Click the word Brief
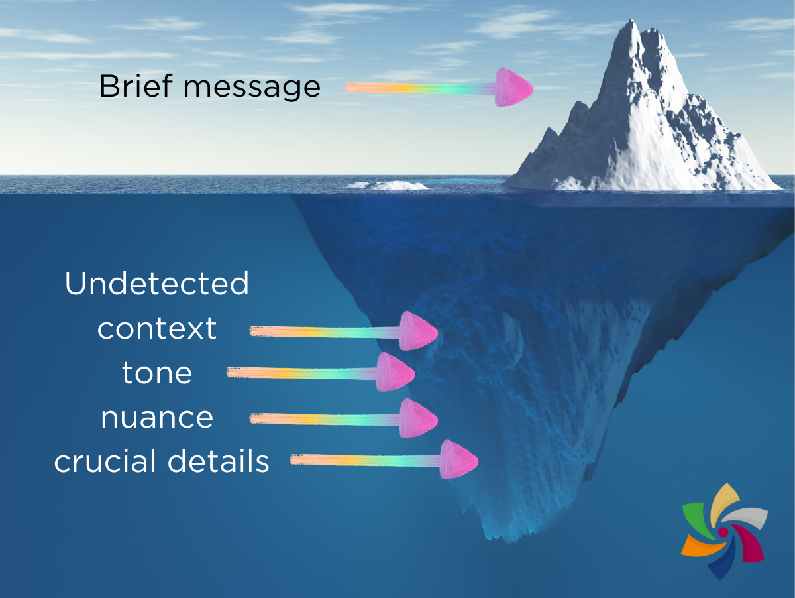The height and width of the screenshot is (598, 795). coord(130,87)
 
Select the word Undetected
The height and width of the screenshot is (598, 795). coord(156,284)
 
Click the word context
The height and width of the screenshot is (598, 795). coord(157,329)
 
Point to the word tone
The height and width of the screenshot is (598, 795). coord(157,373)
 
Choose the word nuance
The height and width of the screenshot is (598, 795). coord(157,418)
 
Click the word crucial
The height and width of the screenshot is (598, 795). coord(106,461)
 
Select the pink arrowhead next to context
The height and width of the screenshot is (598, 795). coord(418,330)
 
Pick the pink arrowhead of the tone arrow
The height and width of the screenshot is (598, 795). coord(396,372)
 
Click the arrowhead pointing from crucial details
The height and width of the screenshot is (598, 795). coord(459,459)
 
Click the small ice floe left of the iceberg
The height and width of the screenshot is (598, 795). coord(388,185)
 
